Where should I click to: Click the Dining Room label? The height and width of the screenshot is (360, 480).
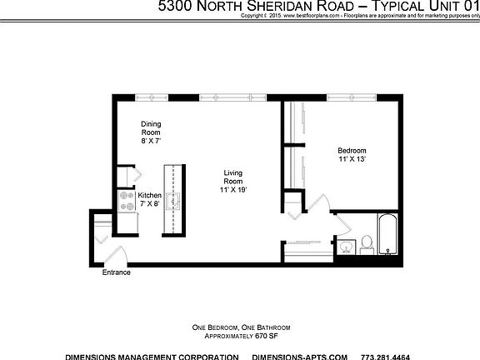(x=151, y=128)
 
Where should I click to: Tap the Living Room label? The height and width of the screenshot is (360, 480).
(x=233, y=177)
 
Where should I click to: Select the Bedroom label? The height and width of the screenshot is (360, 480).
(x=352, y=152)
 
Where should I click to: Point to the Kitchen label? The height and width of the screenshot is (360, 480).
(x=150, y=196)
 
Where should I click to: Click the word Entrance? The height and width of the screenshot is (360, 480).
(x=117, y=272)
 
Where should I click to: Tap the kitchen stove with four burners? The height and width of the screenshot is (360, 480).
(x=127, y=201)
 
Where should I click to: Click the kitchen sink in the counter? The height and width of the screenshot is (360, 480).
(x=173, y=200)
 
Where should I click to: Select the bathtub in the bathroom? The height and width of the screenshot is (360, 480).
(x=388, y=235)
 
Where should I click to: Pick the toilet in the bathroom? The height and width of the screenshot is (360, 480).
(x=366, y=244)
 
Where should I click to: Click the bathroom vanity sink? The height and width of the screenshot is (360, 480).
(x=345, y=247)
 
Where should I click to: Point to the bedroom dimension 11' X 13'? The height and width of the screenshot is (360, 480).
(x=352, y=158)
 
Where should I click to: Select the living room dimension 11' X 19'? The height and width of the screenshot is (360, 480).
(x=233, y=191)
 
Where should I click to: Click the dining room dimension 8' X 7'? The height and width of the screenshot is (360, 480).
(x=151, y=142)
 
